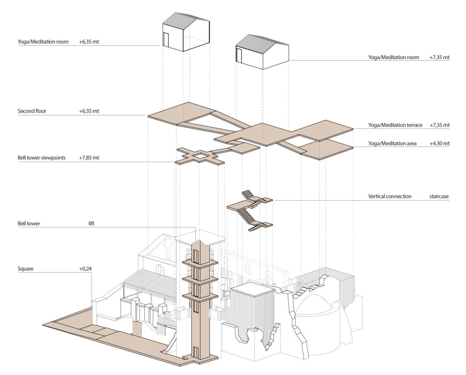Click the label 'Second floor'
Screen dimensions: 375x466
[32, 111]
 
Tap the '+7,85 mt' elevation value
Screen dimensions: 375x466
[89, 158]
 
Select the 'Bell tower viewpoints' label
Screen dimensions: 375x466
[42, 158]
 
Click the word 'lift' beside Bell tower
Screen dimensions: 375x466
[91, 224]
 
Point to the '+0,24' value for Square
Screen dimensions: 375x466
[85, 269]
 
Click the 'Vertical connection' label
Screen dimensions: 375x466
[390, 196]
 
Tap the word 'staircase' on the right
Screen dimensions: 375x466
[439, 196]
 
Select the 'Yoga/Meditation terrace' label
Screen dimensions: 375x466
[395, 125]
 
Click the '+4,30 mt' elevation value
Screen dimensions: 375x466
[440, 143]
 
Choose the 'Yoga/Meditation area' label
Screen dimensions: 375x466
[392, 143]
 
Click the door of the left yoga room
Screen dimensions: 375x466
[166, 40]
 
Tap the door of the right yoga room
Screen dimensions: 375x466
[239, 55]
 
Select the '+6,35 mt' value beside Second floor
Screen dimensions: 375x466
[89, 111]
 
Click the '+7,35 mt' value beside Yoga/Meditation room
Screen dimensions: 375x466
[440, 57]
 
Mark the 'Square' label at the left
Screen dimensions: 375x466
[26, 269]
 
